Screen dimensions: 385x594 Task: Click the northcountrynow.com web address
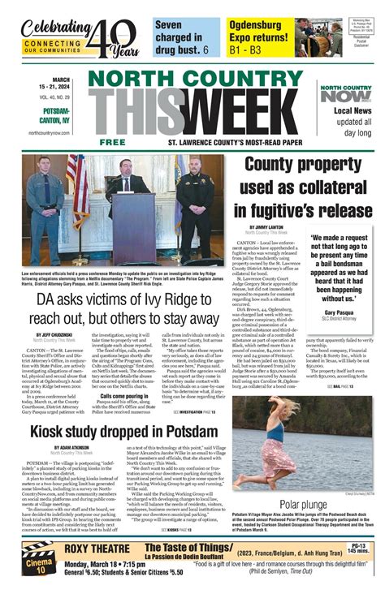pos(52,131)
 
